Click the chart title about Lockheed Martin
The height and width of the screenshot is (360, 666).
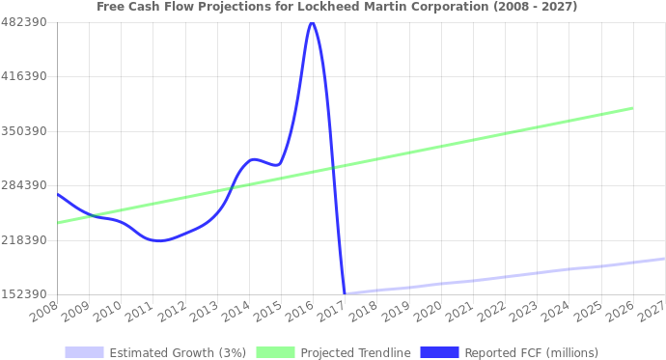coord(337,7)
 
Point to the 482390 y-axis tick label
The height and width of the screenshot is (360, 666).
coord(24,21)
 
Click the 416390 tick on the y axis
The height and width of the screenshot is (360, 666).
coord(24,76)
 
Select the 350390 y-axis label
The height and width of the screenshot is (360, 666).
coord(24,130)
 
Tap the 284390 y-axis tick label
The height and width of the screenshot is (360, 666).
coord(24,185)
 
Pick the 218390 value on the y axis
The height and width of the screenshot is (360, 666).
coord(24,239)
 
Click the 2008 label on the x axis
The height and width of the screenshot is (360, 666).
coord(43,312)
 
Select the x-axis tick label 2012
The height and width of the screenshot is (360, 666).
coord(172,312)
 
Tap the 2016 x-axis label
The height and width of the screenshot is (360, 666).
coord(300,312)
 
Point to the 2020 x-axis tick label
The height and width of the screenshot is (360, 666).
coord(428,312)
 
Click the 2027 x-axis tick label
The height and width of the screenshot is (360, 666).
coord(652,312)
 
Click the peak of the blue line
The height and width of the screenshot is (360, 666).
coord(311,23)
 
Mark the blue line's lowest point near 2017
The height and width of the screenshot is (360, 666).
coord(345,292)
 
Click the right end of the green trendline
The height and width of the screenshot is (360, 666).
coord(632,108)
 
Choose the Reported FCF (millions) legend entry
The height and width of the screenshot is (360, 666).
coord(531,352)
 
